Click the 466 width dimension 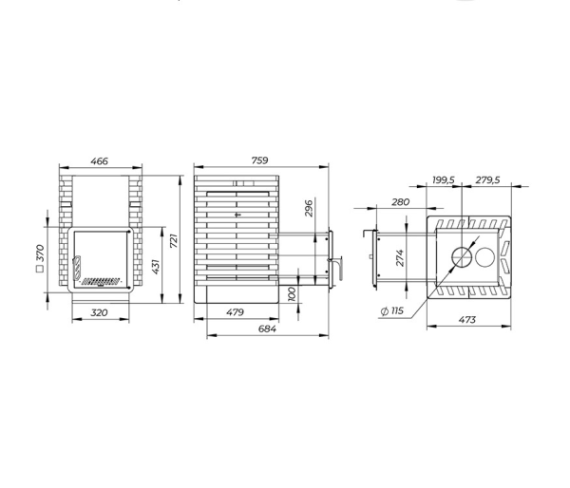(99, 161)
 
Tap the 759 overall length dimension (260, 160)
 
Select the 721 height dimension (174, 241)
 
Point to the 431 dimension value (156, 267)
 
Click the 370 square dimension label (40, 257)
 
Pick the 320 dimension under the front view (99, 312)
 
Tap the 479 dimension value (235, 312)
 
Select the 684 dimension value (267, 328)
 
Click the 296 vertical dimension (309, 208)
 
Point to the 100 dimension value (292, 294)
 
